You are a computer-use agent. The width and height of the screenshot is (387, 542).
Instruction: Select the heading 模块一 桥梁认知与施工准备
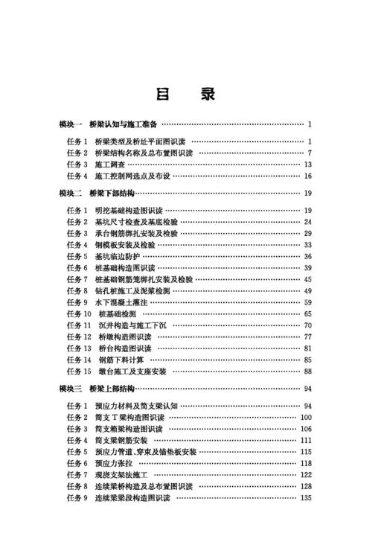click(108, 124)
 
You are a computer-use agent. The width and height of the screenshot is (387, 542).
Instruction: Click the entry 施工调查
click(110, 164)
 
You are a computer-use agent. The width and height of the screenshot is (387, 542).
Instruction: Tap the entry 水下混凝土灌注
click(124, 303)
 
